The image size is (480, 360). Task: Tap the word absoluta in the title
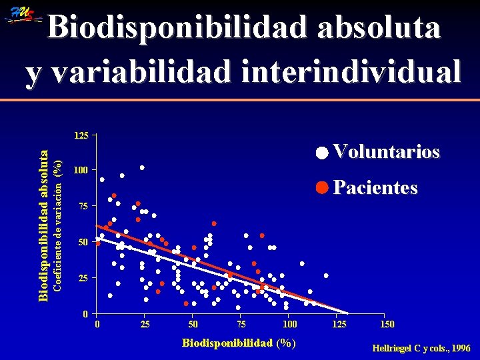377,28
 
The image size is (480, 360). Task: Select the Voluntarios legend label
386,152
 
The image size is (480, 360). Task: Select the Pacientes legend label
375,188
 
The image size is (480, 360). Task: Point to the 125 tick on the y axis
81,136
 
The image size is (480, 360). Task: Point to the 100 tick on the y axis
81,171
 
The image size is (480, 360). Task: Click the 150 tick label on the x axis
387,325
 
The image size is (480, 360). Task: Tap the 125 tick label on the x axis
338,325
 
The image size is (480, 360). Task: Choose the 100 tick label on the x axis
289,325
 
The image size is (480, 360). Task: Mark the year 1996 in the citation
459,348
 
